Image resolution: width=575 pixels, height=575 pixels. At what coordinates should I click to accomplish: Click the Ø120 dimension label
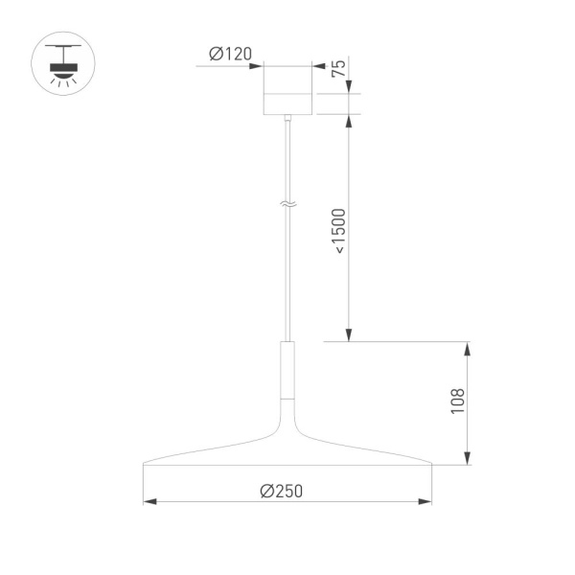pyautogui.click(x=231, y=55)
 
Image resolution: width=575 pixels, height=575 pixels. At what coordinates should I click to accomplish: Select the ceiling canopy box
pyautogui.click(x=287, y=89)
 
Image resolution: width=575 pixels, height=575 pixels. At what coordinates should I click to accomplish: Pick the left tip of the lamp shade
pyautogui.click(x=145, y=465)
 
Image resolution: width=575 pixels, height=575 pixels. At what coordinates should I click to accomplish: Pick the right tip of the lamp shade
pyautogui.click(x=430, y=465)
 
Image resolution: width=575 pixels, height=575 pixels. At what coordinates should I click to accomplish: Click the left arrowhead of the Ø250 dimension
pyautogui.click(x=149, y=501)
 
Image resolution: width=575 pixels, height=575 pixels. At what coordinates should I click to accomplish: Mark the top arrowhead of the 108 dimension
pyautogui.click(x=467, y=348)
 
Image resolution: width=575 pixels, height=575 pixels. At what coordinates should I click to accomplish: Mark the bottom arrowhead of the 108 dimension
pyautogui.click(x=467, y=459)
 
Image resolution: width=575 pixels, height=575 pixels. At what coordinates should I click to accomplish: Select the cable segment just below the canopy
pyautogui.click(x=287, y=144)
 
